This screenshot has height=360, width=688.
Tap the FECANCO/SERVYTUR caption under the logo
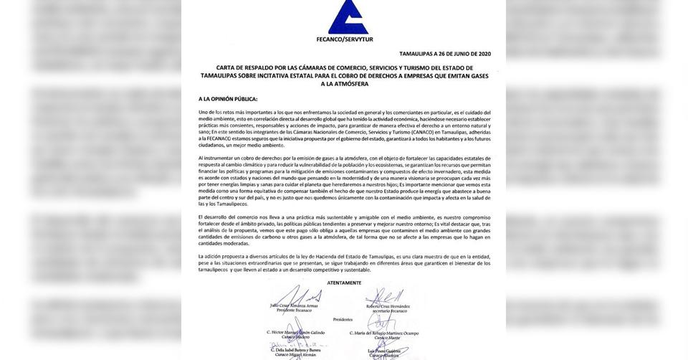pos(344,39)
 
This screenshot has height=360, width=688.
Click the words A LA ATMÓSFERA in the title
pos(344,83)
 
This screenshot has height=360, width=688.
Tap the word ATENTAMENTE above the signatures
pos(344,283)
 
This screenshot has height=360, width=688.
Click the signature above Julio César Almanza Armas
pos(296,296)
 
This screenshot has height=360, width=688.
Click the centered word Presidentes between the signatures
pos(344,320)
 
